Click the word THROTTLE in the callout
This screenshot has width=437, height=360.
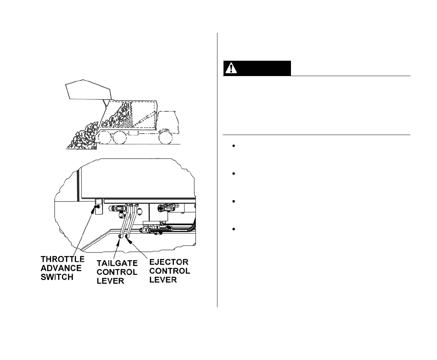62,259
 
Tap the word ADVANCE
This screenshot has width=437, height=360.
61,268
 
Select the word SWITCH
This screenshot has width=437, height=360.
57,277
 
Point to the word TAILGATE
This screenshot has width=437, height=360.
117,263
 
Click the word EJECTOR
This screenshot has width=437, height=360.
169,262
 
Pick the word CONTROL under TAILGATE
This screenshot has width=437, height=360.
117,272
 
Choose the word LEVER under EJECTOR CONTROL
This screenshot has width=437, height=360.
163,280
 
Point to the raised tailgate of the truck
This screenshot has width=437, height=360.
89,89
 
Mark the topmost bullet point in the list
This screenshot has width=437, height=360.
233,146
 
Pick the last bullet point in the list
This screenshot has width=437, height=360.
233,229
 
